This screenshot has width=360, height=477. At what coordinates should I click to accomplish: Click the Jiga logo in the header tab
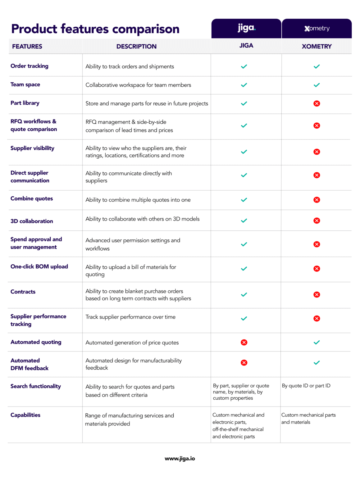247,28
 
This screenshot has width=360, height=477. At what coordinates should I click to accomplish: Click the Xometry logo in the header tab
317,29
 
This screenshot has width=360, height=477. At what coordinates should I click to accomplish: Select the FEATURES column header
27,46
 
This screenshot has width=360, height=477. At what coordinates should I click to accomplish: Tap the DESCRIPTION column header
136,46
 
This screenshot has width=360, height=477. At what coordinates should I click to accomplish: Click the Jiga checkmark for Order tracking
244,66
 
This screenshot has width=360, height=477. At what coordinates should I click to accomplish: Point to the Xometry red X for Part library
317,103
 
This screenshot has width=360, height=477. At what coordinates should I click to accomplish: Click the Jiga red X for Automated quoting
244,342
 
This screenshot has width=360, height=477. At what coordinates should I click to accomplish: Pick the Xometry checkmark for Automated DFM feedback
317,362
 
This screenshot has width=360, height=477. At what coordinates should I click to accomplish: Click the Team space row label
25,84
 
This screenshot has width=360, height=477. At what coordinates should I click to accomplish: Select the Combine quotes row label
32,198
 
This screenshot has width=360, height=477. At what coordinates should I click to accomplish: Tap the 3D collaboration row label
32,221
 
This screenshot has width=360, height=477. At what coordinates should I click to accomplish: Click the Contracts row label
23,292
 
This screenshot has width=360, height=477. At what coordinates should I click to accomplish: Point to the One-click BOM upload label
39,266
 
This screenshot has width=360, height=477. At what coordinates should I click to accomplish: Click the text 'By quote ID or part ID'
306,386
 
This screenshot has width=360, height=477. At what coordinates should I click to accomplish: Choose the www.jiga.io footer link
180,459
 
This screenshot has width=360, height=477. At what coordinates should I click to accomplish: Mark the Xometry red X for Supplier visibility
317,152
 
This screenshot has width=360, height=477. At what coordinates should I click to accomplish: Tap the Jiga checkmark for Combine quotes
244,200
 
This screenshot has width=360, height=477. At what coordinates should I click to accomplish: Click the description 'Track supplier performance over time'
130,317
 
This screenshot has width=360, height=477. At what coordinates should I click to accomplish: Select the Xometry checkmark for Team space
317,85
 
